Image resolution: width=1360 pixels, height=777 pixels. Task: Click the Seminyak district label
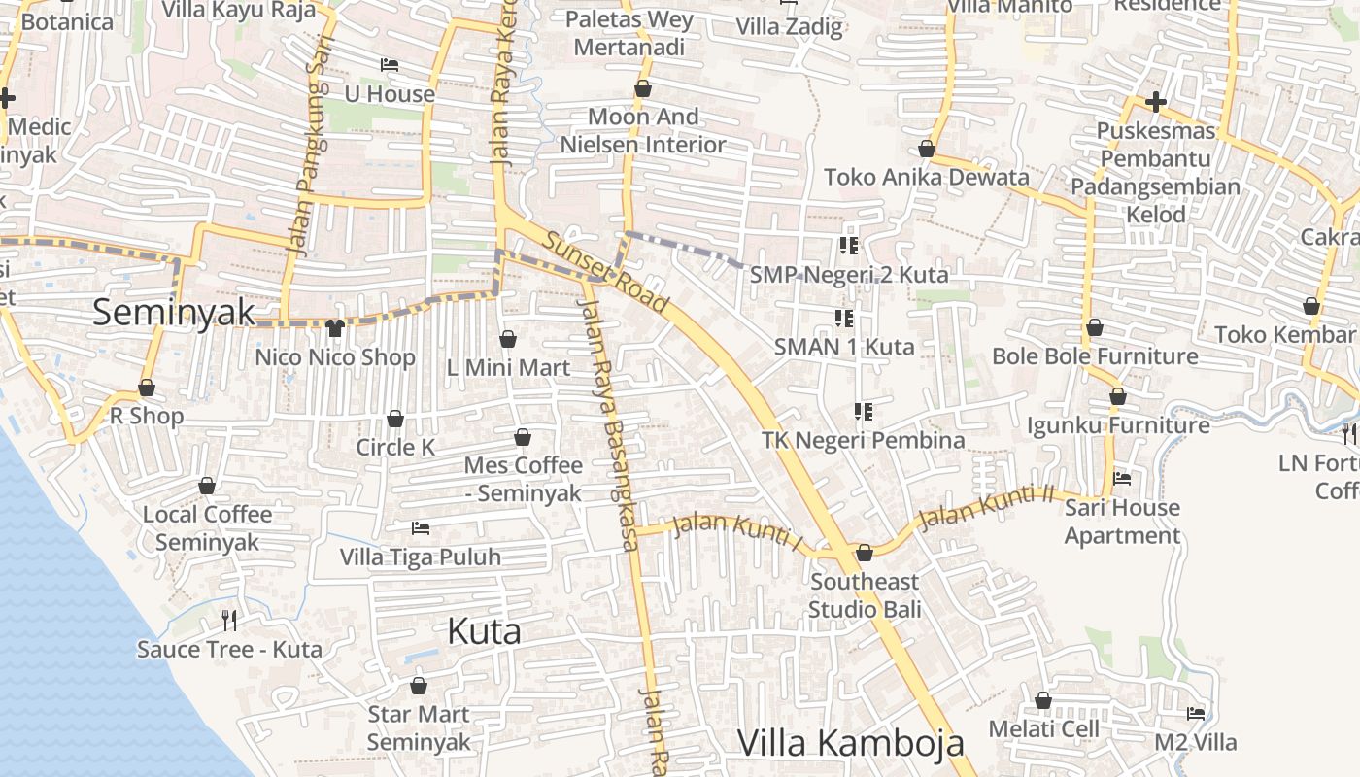(174, 313)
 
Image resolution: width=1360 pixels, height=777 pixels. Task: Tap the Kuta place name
(484, 631)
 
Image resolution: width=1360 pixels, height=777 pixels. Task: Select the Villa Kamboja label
(851, 743)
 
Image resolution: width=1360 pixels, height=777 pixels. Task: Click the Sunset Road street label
(605, 273)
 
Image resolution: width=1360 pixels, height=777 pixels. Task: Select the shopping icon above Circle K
(395, 419)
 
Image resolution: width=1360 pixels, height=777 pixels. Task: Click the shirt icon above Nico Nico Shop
(335, 328)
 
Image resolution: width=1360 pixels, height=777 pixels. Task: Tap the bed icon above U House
(390, 65)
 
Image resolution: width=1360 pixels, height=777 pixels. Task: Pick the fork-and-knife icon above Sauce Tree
(229, 620)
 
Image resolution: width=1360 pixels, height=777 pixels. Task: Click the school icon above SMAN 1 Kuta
(844, 318)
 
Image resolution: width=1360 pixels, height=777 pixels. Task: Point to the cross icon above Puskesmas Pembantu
(1155, 101)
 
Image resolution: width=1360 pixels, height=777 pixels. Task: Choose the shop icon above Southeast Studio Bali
(865, 553)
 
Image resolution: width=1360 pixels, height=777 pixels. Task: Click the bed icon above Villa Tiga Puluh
(421, 527)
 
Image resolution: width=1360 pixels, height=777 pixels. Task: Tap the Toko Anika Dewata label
(926, 177)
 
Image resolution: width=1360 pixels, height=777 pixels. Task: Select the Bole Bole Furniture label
(1094, 356)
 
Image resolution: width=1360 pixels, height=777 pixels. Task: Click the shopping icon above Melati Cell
(1043, 700)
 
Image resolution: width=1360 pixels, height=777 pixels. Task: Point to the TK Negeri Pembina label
(863, 440)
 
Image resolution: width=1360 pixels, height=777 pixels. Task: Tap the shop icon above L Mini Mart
(508, 339)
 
